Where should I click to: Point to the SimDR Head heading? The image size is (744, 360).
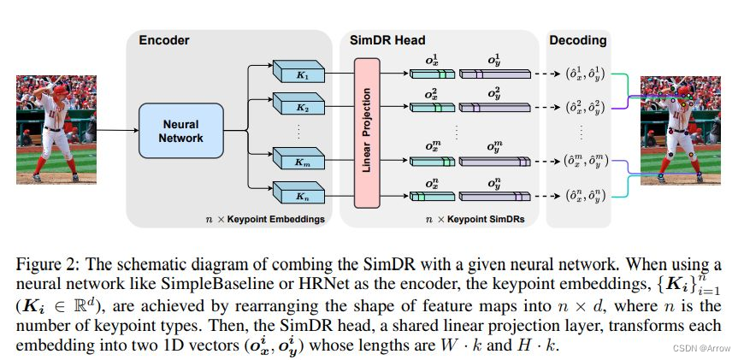(387, 40)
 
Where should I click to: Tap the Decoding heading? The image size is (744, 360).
(578, 40)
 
